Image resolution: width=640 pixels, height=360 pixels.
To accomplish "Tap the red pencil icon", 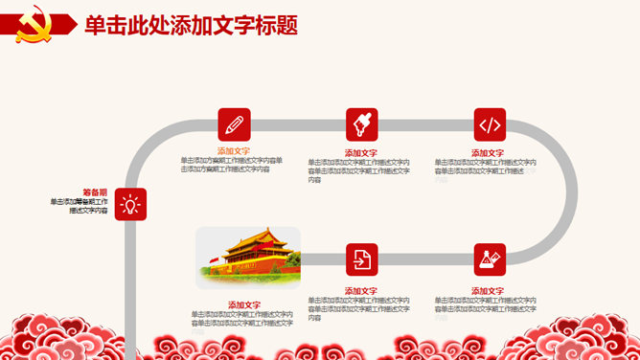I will coord(234,124).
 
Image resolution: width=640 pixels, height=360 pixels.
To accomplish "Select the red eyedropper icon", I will coord(361,124).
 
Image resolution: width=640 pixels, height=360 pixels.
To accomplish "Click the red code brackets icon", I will coord(490,124).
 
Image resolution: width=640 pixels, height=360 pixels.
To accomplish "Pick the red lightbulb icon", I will coord(130,204).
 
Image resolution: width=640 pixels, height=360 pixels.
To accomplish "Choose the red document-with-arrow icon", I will coord(361,259).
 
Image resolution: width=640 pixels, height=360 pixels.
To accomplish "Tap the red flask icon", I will coord(490,259).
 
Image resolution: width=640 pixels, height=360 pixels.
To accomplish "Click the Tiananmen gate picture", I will coord(247,257).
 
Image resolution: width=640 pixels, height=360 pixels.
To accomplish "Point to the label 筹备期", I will coord(95,192).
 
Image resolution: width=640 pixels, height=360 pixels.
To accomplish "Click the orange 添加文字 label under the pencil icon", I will coord(234,151).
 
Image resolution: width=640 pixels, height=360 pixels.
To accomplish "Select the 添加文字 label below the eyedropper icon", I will coord(361,153).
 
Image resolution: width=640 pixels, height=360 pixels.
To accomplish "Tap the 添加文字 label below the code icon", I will coord(490,153).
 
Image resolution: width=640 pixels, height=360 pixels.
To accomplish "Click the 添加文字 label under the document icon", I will coord(361,290).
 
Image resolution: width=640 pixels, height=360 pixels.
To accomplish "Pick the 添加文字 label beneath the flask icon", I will coord(490,290).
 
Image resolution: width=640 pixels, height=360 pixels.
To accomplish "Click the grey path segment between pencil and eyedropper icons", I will coord(297,124).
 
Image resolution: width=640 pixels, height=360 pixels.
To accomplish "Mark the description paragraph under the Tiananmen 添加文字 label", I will coord(242,319).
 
